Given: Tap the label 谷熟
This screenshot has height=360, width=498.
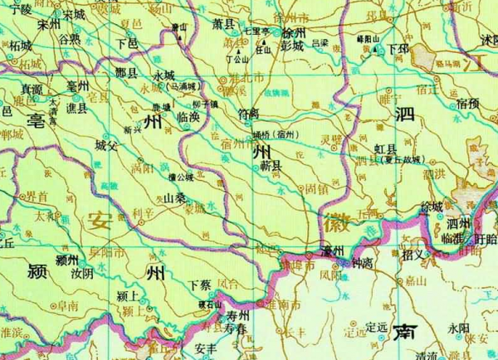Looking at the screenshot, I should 70,38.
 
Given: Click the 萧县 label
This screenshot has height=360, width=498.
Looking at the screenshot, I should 223,26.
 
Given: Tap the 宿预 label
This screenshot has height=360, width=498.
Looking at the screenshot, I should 467,103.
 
